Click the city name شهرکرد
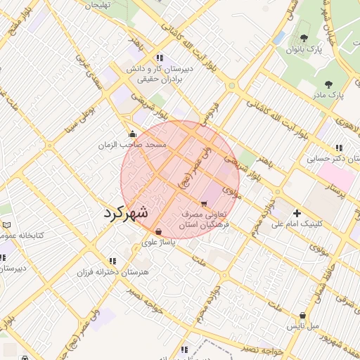126,214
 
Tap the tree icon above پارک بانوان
304,38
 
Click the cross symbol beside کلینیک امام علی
297,213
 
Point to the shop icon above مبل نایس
303,316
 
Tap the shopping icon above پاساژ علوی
157,231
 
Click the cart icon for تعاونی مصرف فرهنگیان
204,203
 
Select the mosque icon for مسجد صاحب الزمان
132,134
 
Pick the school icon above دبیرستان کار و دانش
160,58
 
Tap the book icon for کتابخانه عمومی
7,225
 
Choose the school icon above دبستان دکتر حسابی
339,148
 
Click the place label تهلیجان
99,6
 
